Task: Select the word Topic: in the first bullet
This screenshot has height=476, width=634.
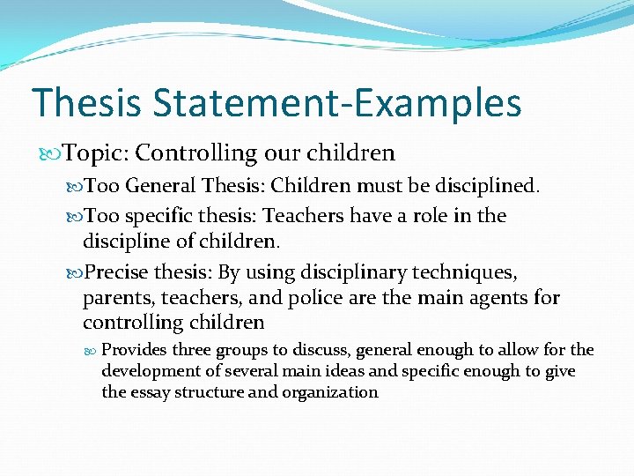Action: [x=96, y=153]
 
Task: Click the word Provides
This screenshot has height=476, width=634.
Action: [x=134, y=351]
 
